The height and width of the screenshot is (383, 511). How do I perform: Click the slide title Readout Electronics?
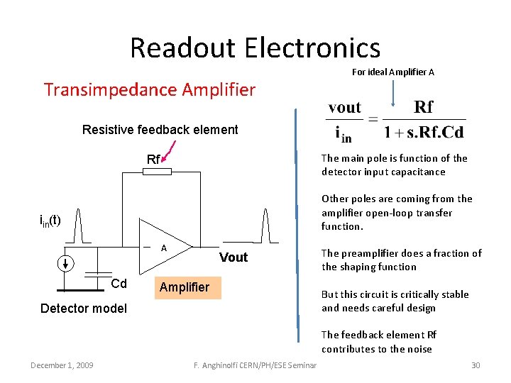(x=255, y=48)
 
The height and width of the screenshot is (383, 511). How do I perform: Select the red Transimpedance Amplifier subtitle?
(x=149, y=90)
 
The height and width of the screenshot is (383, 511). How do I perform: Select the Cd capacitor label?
(x=119, y=284)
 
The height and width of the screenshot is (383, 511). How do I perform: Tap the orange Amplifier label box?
(x=185, y=287)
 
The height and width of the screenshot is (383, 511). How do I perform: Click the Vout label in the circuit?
(x=233, y=257)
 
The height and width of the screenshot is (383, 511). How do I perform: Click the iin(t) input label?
(x=50, y=221)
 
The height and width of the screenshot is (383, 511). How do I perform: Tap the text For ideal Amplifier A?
(x=392, y=72)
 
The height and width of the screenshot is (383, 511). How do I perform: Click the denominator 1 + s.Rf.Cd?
(x=424, y=132)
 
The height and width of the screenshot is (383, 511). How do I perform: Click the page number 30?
(x=476, y=365)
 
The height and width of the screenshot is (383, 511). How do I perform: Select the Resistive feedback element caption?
(x=160, y=130)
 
